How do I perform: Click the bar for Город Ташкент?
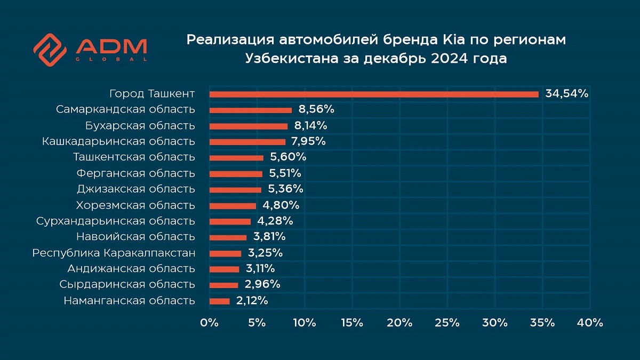point(373,94)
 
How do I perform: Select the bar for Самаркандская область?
point(251,110)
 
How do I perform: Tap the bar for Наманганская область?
point(219,301)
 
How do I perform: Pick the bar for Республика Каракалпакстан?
point(225,253)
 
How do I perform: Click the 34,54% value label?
point(566,94)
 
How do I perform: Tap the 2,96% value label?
point(261,284)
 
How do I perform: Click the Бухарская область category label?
point(140,126)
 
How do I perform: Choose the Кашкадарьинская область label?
point(118,141)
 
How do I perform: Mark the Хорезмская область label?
point(135,205)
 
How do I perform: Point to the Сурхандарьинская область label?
point(116,221)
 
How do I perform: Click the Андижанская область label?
point(131,268)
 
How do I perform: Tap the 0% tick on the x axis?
point(209,323)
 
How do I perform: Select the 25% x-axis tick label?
point(447,323)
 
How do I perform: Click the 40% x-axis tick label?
point(590,323)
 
